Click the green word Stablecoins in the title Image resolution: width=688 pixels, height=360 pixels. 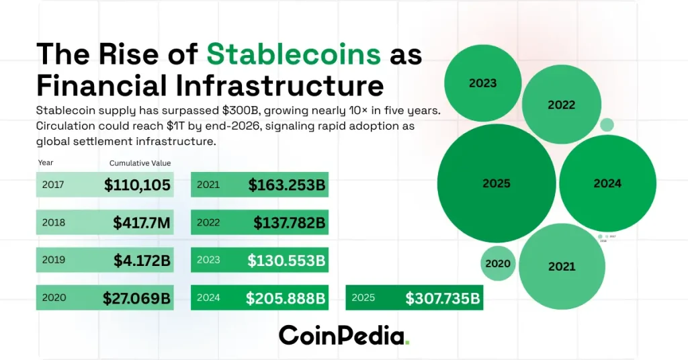point(294,54)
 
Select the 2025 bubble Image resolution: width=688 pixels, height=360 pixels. point(497,183)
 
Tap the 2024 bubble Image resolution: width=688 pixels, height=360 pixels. point(607,183)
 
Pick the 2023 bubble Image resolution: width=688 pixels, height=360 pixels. point(482,83)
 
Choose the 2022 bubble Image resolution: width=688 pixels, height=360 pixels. point(561,105)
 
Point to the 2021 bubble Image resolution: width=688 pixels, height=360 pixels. point(562,267)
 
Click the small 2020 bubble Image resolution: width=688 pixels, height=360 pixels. point(498,264)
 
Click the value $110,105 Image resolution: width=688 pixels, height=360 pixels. point(137,185)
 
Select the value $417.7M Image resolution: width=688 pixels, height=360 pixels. point(141,222)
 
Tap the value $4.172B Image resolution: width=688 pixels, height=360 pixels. point(143,260)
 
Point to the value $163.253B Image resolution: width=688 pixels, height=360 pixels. point(287,185)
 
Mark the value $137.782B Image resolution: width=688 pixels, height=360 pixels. point(290,222)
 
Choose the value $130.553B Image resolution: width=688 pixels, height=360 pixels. point(286,260)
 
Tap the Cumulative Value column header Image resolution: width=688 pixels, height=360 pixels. point(140,163)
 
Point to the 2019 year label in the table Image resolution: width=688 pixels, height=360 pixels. point(54,260)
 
